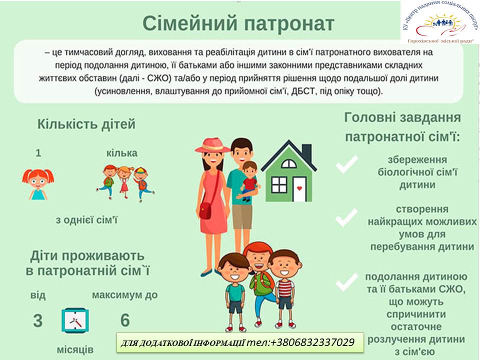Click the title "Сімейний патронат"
[238, 23]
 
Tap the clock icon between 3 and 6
[75, 320]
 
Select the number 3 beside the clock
[38, 320]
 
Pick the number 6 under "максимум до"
[125, 320]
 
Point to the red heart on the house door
[299, 188]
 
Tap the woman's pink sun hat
[212, 145]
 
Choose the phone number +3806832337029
[312, 342]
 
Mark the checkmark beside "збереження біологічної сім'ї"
[346, 164]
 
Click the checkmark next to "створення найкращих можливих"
[346, 217]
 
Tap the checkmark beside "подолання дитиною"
[346, 282]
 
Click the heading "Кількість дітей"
[86, 124]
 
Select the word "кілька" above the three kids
[122, 153]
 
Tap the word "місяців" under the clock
[75, 349]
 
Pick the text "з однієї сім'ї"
[86, 220]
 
